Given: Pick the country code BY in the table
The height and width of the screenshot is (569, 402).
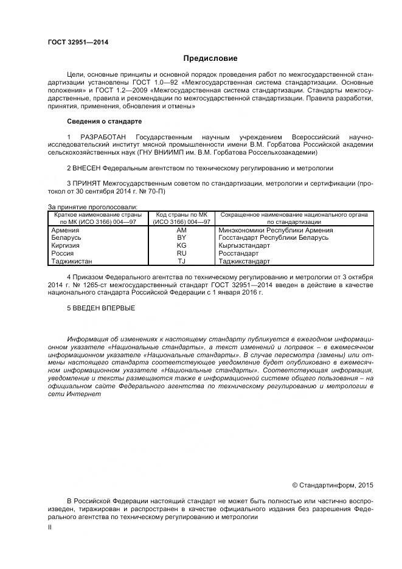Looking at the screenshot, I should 181,237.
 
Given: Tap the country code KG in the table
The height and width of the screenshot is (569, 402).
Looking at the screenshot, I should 181,245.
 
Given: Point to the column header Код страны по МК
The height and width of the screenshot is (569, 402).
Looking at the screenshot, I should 181,215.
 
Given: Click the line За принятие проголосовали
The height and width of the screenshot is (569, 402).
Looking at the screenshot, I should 92,207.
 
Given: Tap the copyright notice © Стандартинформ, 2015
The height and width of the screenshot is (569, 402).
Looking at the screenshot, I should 332,485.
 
